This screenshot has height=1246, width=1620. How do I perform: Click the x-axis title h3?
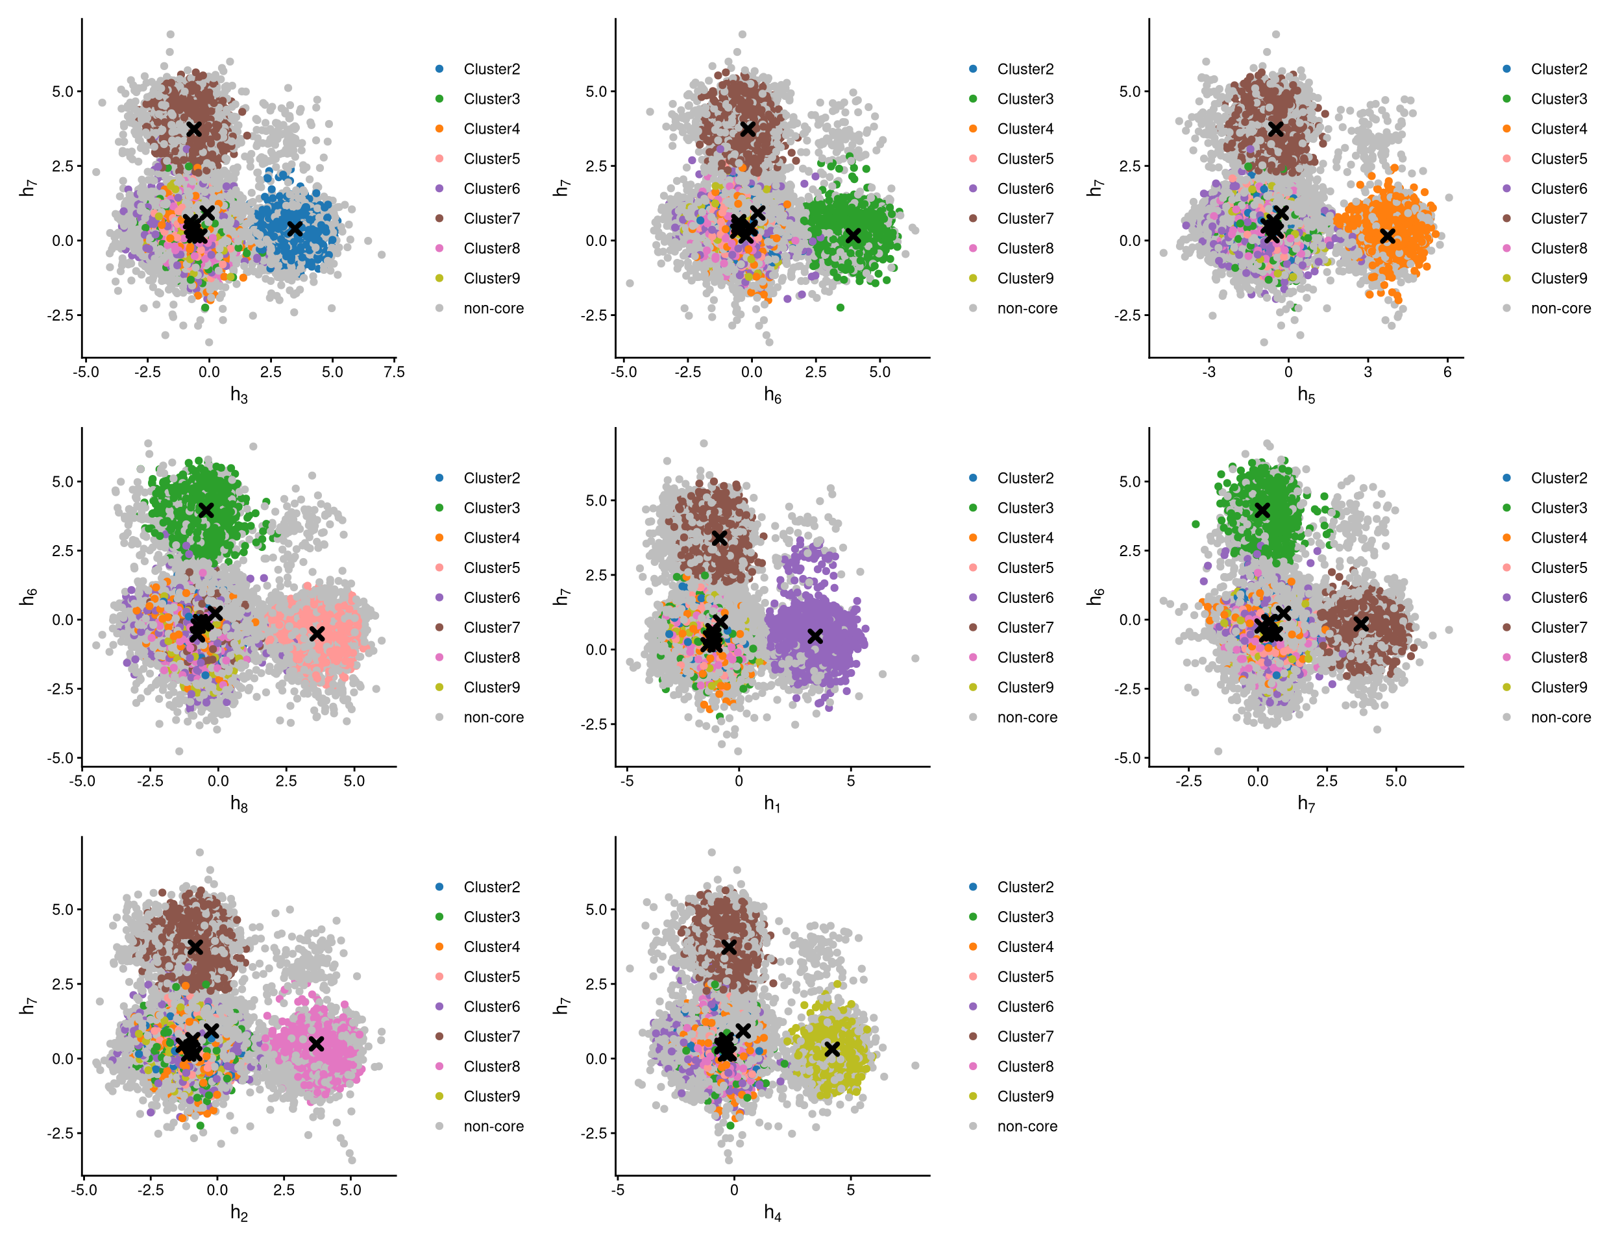pos(239,395)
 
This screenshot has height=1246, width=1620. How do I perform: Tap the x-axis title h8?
pos(239,803)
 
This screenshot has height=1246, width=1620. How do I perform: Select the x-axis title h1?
pos(772,803)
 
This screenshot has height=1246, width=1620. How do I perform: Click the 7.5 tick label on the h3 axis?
pos(394,373)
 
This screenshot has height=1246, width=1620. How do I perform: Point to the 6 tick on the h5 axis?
pos(1447,373)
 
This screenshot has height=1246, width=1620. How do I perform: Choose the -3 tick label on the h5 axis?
pos(1209,373)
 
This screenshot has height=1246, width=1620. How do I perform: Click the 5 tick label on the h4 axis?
pos(851,1190)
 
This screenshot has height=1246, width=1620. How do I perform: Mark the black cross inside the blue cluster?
pos(295,228)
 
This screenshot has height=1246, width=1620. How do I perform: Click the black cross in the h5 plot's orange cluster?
pos(1387,236)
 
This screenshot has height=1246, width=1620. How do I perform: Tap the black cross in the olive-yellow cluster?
pos(832,1049)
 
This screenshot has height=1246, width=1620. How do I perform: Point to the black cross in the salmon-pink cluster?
pos(317,634)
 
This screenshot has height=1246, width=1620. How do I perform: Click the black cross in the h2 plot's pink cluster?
pos(316,1044)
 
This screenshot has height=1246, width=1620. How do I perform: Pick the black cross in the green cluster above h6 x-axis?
pos(853,235)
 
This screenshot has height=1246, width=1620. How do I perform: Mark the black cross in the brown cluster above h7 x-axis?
pos(1360,624)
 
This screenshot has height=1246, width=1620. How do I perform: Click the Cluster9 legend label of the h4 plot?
pos(1025,1096)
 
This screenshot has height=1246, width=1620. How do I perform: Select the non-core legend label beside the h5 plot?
pos(1561,308)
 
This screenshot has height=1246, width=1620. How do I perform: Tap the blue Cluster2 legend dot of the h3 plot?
pos(439,69)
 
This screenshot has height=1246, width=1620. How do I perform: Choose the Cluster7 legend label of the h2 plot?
pos(492,1037)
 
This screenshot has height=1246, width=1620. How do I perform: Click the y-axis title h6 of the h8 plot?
pos(28,596)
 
